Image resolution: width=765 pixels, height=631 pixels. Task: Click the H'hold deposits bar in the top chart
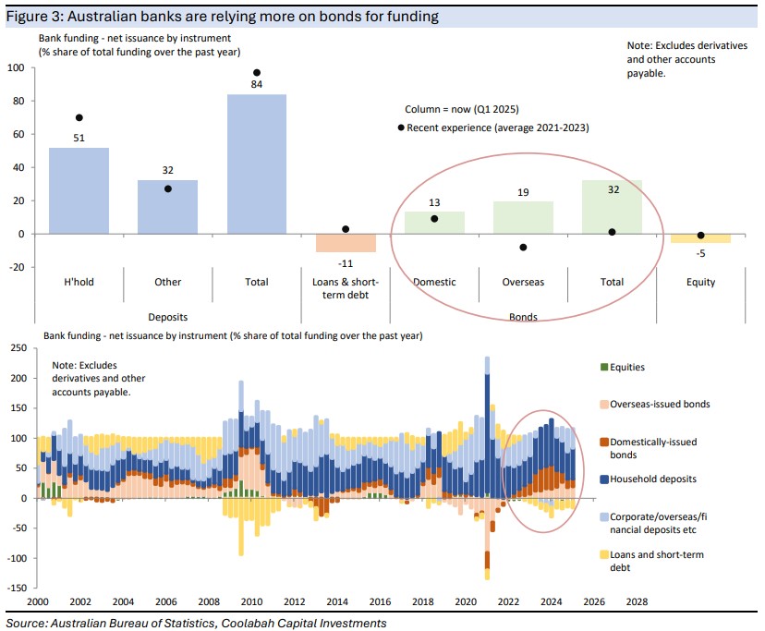point(79,190)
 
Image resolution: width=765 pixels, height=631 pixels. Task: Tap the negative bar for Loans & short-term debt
point(346,242)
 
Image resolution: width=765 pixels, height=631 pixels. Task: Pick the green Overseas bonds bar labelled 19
point(523,217)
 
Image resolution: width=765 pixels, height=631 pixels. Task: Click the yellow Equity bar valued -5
point(700,238)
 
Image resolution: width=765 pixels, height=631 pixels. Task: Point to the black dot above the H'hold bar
point(79,117)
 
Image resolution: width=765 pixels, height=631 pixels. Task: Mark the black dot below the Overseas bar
point(523,247)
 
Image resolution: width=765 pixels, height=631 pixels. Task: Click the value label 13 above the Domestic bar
point(434,201)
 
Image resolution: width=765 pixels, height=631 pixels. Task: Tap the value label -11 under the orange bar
point(346,261)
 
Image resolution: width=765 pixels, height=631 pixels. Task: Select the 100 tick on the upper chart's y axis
point(16,68)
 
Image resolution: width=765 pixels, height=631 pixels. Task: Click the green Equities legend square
point(605,367)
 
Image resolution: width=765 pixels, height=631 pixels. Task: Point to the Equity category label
point(700,282)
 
